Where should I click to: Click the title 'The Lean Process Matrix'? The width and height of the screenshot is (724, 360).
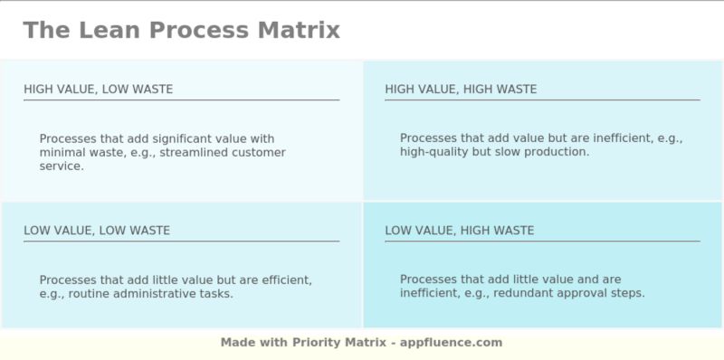coord(181,30)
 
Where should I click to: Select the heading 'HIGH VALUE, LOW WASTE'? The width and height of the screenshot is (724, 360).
coord(98,89)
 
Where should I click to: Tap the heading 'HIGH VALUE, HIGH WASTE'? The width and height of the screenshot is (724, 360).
coord(461,89)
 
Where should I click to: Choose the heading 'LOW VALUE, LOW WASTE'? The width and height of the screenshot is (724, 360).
coord(97,230)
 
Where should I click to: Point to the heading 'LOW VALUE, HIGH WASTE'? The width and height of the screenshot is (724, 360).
coord(460,230)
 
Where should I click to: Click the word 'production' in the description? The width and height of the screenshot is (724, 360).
coord(559,152)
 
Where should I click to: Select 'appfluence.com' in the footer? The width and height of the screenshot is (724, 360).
coord(453,343)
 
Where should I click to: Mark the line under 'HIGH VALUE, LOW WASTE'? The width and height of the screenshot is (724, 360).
coord(181,99)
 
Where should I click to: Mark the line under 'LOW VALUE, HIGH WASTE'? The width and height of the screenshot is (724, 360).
coord(542,241)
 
